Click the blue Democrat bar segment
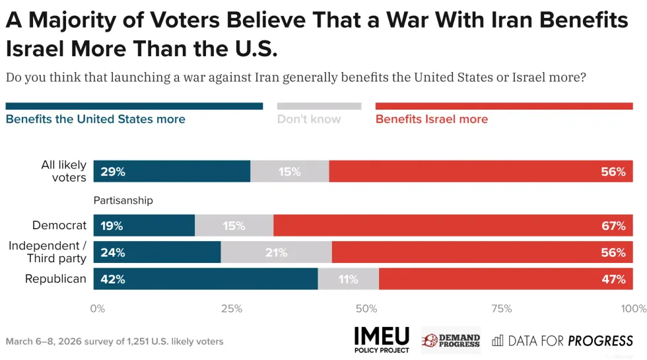pos(144,226)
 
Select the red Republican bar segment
pos(506,279)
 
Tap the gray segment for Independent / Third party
pos(276,252)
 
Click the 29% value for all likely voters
pos(113,172)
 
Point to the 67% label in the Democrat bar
pos(613,226)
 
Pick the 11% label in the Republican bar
pos(348,279)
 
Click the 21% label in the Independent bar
pos(276,252)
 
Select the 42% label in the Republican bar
pos(113,279)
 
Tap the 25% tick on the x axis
pos(231,308)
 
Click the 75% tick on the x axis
pos(502,308)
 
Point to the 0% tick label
pos(97,308)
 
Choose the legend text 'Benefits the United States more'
pos(95,120)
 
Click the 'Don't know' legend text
pos(309,120)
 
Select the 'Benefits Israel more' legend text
pos(432,120)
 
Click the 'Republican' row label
pos(55,279)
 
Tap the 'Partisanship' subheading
pos(123,200)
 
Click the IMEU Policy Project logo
pos(382,340)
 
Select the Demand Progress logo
pos(450,340)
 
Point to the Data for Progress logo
pos(562,341)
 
